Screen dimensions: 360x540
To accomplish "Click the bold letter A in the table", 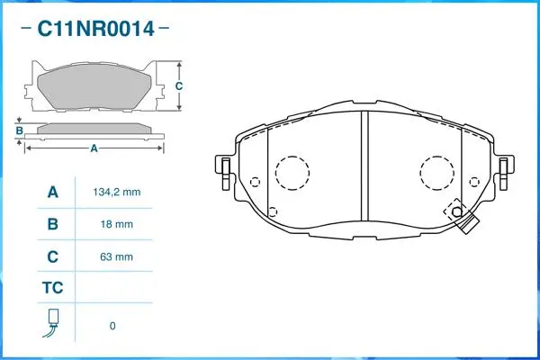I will click(x=52, y=193).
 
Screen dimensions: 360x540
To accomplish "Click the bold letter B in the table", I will click(x=52, y=224).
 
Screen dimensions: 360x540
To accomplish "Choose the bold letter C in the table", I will click(x=52, y=256).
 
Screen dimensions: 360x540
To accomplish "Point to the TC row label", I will click(x=52, y=289).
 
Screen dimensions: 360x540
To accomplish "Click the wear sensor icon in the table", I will click(x=52, y=324).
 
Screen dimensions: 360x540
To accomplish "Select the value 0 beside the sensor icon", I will click(x=112, y=326).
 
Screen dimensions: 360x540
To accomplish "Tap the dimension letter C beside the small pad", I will click(x=178, y=86).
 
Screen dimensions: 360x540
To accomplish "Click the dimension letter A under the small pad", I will click(x=94, y=149).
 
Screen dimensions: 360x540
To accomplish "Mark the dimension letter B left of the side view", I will click(x=19, y=130).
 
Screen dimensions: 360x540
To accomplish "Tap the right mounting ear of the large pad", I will click(x=506, y=166).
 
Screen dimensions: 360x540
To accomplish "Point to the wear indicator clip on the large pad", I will click(x=464, y=225).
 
